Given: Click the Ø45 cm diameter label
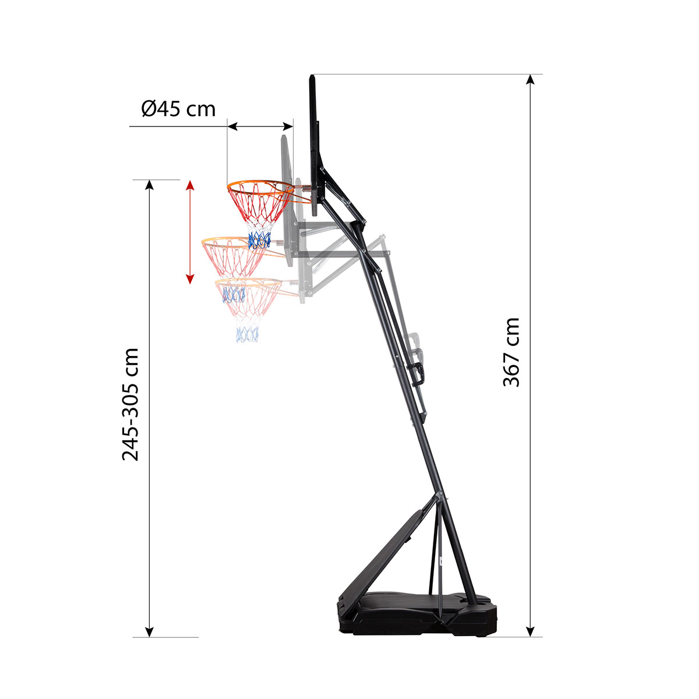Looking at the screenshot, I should [178, 108].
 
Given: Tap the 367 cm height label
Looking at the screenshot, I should [511, 352].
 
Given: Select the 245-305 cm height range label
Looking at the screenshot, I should [130, 404].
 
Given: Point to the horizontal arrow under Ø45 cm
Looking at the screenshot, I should [260, 126].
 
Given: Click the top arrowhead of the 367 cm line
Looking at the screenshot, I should [530, 80].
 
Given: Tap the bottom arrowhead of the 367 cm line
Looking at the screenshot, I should [530, 631].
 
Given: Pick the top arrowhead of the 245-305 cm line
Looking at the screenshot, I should [150, 185].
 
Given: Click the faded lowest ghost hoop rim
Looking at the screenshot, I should [248, 283].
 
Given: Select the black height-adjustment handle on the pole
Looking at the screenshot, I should [419, 373].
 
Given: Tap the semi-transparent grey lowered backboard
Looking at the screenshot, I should [286, 192].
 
